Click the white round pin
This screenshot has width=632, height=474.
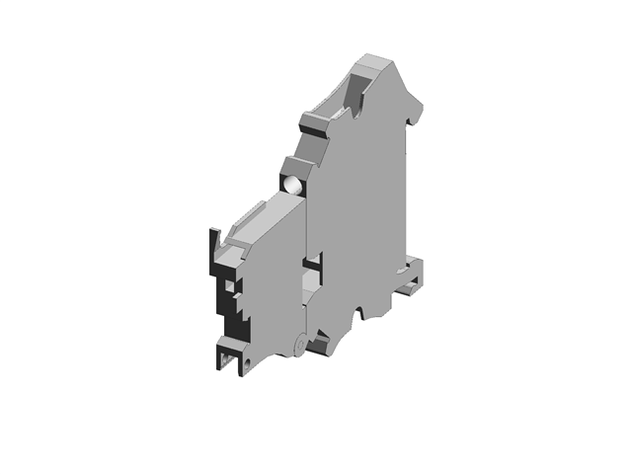point(292,183)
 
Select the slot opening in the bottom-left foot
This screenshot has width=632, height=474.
point(226,355)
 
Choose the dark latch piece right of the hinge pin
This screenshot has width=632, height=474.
point(320,345)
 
